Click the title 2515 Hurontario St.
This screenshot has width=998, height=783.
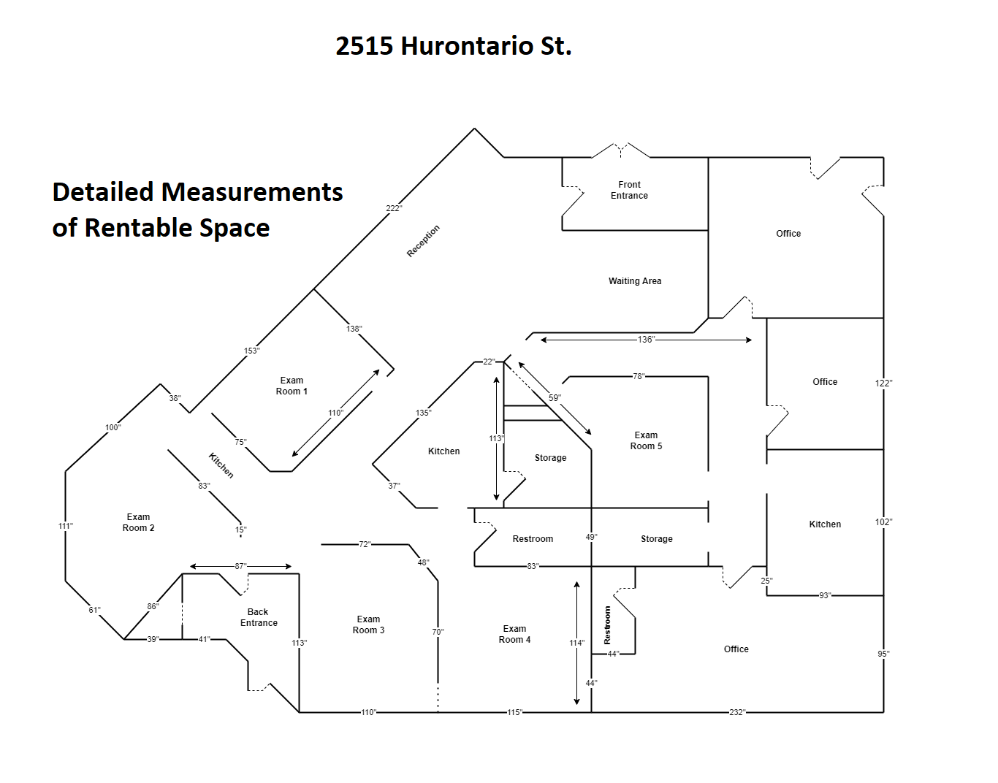[453, 46]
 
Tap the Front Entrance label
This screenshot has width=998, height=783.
[629, 190]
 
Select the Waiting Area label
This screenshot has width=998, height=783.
[635, 281]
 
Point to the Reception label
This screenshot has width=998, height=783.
[423, 241]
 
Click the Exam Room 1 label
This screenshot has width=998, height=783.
[292, 386]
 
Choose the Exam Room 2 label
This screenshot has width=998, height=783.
[138, 522]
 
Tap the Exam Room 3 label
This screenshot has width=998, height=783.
[368, 625]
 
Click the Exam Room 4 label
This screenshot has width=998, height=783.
[514, 634]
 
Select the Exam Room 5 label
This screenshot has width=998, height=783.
[646, 440]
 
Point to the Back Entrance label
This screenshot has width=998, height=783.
[259, 617]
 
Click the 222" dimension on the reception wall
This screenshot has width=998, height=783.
[394, 208]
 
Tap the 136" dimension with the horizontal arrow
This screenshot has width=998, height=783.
[646, 340]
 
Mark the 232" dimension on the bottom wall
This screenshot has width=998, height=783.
[736, 712]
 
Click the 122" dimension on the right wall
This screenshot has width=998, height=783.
[883, 383]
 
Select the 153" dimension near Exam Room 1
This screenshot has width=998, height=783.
[251, 351]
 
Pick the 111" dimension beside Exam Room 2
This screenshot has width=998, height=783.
[65, 526]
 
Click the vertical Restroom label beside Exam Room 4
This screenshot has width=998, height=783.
[607, 625]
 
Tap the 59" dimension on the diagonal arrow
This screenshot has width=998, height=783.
[555, 397]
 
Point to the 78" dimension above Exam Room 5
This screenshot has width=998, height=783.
[639, 376]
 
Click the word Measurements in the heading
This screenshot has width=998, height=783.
[251, 192]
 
